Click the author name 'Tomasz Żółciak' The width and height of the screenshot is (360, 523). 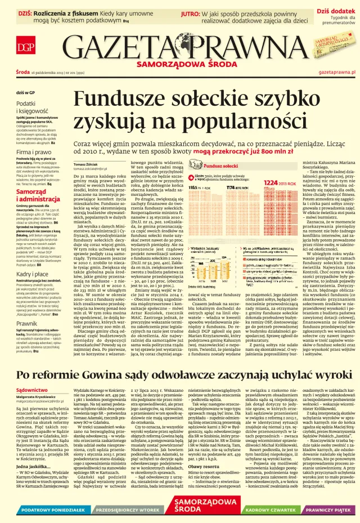point(85,164)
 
